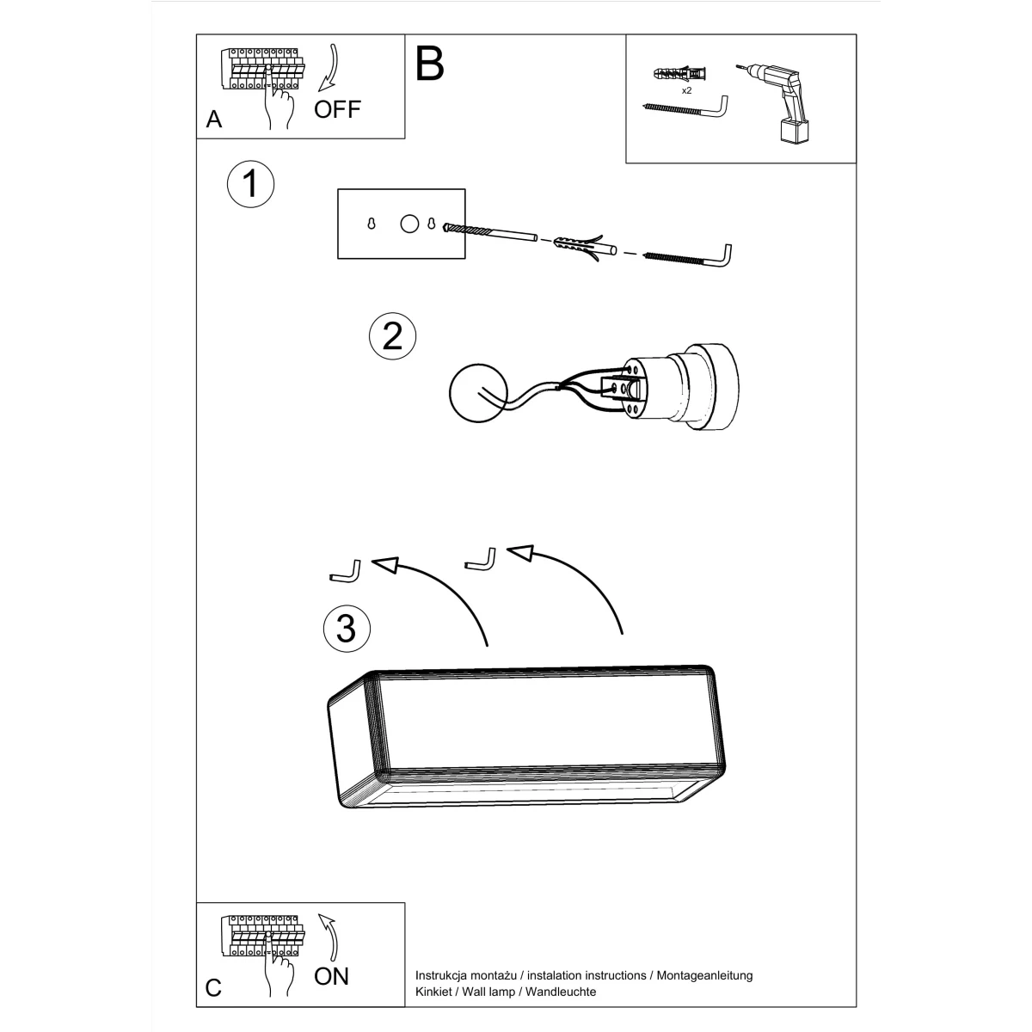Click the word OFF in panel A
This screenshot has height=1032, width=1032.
[x=337, y=109]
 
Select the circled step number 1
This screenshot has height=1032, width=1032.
[x=250, y=184]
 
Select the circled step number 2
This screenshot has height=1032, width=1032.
[x=392, y=336]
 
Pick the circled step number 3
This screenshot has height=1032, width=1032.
[x=347, y=628]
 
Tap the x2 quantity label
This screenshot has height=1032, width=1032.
[x=686, y=90]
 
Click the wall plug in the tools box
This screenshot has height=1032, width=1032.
[x=680, y=73]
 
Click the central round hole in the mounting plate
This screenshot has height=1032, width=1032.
[x=409, y=224]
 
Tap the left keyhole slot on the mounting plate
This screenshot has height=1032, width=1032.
[x=372, y=224]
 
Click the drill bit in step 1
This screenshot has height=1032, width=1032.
[x=490, y=232]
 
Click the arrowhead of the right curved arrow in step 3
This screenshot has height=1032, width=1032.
[x=521, y=552]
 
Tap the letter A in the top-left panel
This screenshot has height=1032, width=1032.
[x=214, y=120]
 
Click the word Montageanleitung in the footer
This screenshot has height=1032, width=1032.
[x=705, y=975]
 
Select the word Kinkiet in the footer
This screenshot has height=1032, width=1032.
[x=433, y=992]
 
